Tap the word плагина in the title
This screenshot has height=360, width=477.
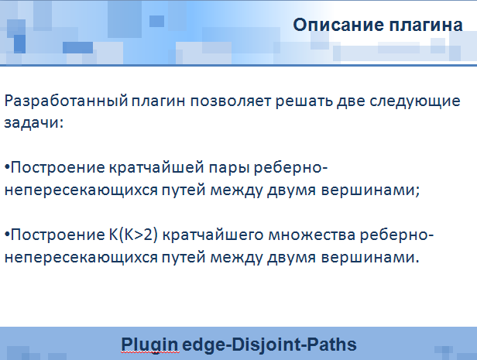(426, 26)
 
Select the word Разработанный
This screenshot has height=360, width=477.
(66, 101)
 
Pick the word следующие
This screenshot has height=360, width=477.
(415, 101)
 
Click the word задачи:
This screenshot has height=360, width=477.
(34, 123)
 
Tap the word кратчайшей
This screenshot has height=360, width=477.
(156, 167)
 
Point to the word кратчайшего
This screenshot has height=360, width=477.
(213, 235)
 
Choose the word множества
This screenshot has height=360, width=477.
(312, 235)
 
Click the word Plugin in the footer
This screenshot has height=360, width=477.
(149, 345)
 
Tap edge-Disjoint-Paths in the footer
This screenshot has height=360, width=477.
(269, 345)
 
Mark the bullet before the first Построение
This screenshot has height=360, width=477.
(7, 167)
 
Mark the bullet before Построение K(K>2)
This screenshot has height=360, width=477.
(7, 235)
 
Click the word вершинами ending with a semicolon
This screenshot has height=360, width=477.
(370, 190)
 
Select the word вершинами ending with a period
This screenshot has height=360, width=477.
(370, 258)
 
